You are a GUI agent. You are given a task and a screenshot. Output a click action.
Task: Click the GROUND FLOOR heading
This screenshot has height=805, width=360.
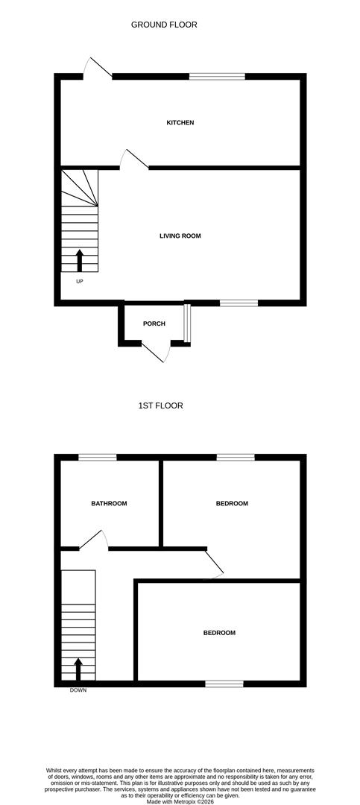coord(164,25)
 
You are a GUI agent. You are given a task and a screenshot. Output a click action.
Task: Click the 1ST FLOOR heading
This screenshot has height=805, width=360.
coord(160,405)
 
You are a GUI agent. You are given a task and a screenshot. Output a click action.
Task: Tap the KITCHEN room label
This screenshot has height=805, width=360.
coord(180,122)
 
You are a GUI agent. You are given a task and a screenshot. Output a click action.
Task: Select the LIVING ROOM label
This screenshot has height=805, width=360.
coord(180,236)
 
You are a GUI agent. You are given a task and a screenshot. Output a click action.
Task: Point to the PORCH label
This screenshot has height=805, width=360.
coord(154,323)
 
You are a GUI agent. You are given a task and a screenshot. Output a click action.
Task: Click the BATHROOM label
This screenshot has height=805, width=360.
coord(109,504)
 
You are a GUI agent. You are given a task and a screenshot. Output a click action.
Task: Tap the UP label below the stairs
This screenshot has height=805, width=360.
coord(79,281)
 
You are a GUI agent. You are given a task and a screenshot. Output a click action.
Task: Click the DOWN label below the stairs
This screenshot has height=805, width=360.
coord(78,690)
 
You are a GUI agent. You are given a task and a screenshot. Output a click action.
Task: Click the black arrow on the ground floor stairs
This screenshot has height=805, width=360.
coord(79,261)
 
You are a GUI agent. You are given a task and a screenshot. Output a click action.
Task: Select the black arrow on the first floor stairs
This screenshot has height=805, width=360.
coord(78,668)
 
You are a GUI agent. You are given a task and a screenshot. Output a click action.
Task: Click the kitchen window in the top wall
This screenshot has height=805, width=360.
coord(217,76)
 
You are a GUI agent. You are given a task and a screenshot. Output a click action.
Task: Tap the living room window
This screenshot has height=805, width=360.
coord(239,303)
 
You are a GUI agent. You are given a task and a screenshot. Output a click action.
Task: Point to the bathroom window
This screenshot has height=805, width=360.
coord(98,457)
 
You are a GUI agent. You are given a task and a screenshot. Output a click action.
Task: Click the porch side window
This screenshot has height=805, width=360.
coord(188,323)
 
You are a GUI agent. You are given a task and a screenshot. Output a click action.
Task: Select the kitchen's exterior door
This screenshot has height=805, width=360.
coord(97,69)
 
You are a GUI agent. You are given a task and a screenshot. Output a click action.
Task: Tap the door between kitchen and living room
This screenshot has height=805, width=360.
coord(134,160)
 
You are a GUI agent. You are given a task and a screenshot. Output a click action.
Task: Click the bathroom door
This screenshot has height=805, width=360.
coord(94,540)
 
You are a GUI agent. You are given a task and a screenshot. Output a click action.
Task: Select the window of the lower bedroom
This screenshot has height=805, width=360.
coord(224,684)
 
